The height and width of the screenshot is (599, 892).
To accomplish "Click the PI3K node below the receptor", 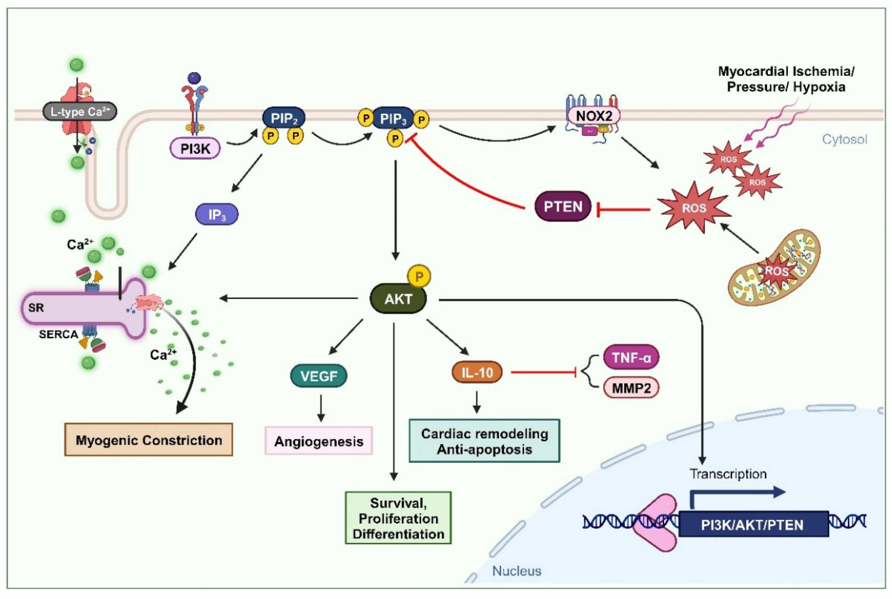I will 195,149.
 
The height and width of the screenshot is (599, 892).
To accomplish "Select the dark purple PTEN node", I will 562,207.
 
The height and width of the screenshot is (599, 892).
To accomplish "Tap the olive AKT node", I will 398,299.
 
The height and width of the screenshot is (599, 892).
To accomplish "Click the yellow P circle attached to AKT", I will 419,276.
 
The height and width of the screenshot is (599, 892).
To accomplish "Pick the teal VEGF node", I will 319,376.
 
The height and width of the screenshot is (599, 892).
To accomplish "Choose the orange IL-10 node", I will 477,372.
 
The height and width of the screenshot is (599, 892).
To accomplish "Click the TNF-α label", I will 631,357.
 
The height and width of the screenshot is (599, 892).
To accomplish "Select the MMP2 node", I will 631,388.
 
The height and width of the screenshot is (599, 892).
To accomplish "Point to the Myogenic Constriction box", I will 148,440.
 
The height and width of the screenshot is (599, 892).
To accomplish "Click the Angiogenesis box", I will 318,441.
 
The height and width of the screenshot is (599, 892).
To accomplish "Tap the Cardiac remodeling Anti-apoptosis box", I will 484,441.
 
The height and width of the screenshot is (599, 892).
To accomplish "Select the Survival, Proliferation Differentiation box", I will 398,518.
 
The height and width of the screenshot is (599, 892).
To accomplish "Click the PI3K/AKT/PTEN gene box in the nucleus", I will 753,525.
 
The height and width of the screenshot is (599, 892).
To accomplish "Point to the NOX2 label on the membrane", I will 593,116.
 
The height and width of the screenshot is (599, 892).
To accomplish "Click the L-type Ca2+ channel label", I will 79,112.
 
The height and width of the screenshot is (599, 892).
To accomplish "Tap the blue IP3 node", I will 217,215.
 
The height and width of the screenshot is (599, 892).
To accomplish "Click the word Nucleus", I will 516,571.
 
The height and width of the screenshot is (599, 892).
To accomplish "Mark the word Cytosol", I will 844,140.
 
